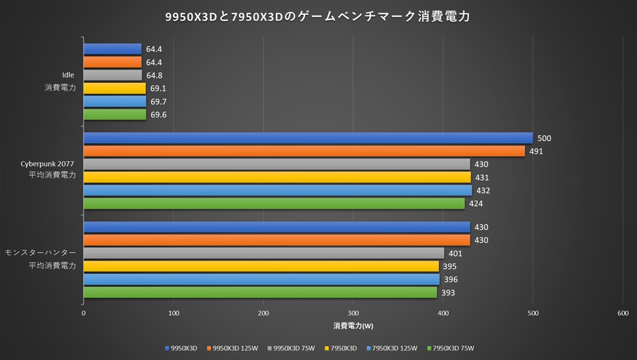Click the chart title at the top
pyautogui.click(x=318, y=17)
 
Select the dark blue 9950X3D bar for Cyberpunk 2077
pyautogui.click(x=308, y=138)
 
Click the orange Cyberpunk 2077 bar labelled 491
pyautogui.click(x=304, y=151)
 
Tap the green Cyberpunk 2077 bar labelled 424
pyautogui.click(x=274, y=203)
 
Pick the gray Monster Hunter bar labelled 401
pyautogui.click(x=263, y=253)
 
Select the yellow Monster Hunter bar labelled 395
pyautogui.click(x=261, y=266)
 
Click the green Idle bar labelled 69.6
pyautogui.click(x=114, y=114)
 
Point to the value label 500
pyautogui.click(x=544, y=138)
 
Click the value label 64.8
pyautogui.click(x=154, y=76)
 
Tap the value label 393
pyautogui.click(x=448, y=293)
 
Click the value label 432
pyautogui.click(x=483, y=191)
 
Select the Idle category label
pyautogui.click(x=68, y=75)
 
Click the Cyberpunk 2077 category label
pyautogui.click(x=48, y=164)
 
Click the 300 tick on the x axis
pyautogui.click(x=353, y=313)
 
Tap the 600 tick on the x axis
pyautogui.click(x=623, y=313)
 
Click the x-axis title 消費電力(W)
pyautogui.click(x=353, y=326)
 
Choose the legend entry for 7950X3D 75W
pyautogui.click(x=453, y=348)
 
